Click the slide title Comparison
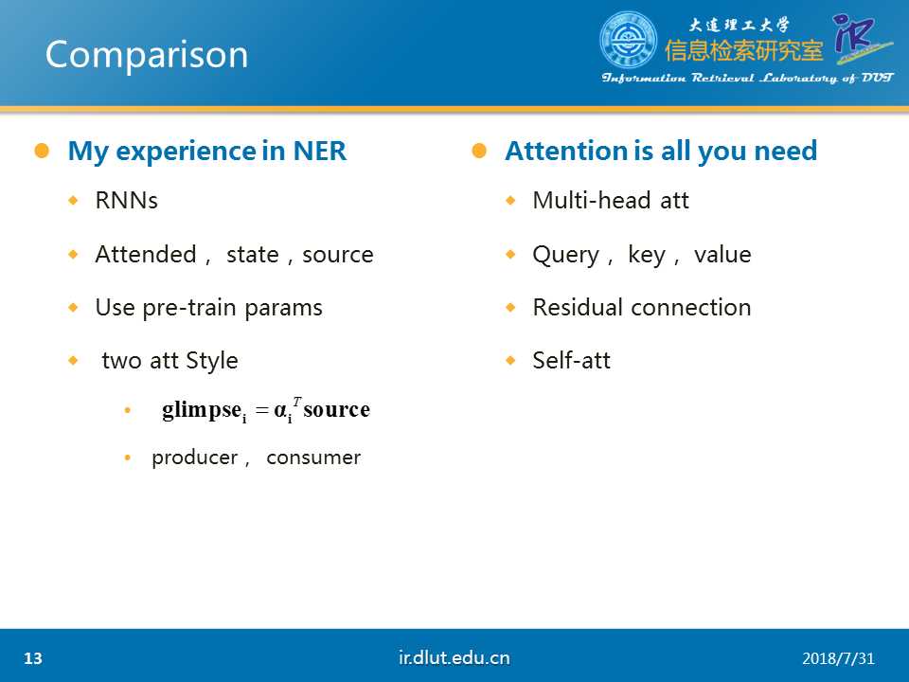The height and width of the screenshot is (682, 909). tap(147, 56)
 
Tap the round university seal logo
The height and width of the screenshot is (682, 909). tap(628, 40)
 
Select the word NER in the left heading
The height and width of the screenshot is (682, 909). tap(320, 151)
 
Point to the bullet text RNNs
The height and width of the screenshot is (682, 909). tap(126, 201)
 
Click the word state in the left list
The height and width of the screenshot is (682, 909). tap(252, 255)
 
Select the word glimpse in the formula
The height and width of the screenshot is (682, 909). tap(202, 410)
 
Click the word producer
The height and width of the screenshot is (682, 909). tap(195, 458)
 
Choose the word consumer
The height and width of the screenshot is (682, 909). tap(313, 458)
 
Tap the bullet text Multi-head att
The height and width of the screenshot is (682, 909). tap(611, 201)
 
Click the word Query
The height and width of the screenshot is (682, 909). tap(566, 256)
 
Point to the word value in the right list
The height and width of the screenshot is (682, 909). tap(722, 255)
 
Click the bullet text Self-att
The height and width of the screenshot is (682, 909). tap(572, 361)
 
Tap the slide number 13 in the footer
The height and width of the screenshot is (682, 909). tap(33, 658)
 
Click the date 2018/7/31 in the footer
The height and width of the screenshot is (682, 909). tap(838, 659)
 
